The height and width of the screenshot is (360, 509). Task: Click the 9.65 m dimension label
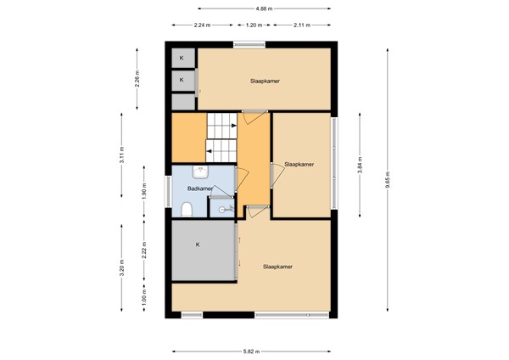(386, 181)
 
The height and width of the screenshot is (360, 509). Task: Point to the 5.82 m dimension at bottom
(251, 351)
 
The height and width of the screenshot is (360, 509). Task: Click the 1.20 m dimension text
(252, 25)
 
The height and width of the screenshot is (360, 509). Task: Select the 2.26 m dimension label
(137, 79)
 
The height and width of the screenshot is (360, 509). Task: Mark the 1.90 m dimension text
(143, 192)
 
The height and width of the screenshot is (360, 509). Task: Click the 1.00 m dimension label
(143, 299)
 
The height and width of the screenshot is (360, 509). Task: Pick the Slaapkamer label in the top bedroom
(265, 82)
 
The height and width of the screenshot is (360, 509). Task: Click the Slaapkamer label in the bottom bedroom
(277, 266)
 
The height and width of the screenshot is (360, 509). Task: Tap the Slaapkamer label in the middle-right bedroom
(299, 164)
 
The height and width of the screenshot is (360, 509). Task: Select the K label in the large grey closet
(197, 245)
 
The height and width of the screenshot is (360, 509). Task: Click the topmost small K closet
(182, 57)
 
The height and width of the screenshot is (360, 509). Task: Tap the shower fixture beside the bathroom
(225, 206)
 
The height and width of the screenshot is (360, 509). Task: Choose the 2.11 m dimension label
(301, 25)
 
